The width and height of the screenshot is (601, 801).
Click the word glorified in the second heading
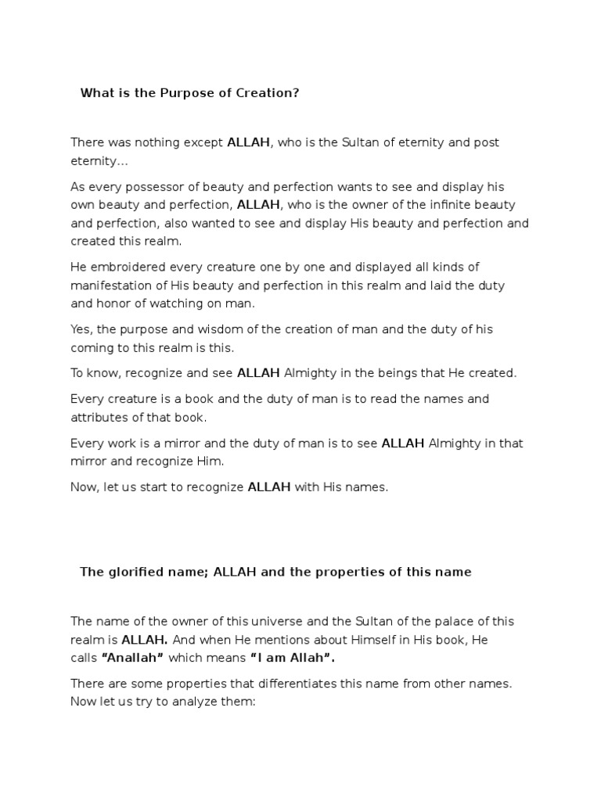tap(135, 572)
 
